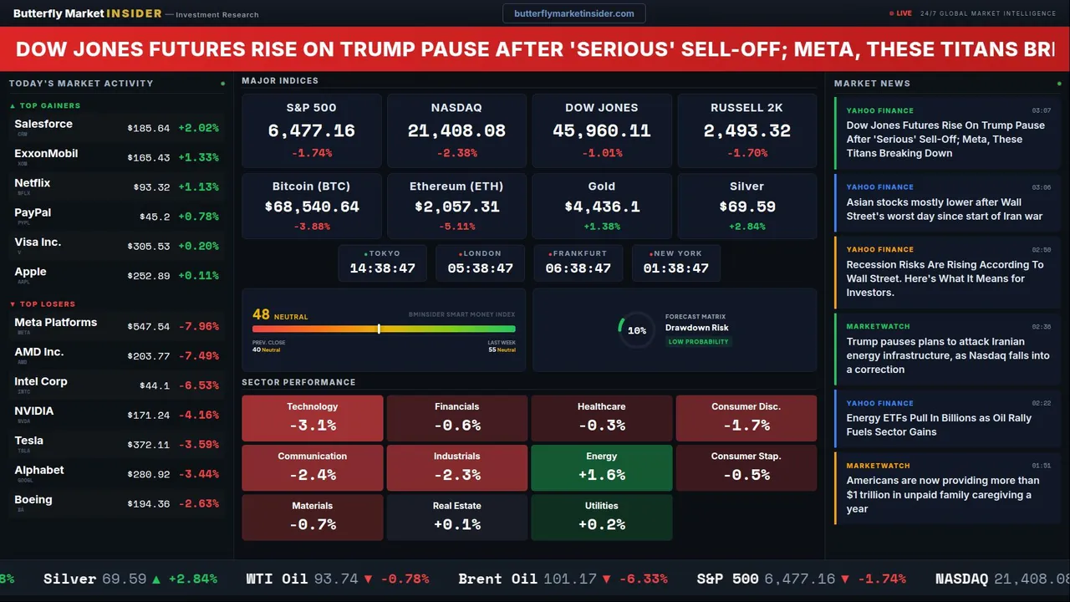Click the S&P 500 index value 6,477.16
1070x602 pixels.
click(x=311, y=131)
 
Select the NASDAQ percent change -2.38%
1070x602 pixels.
click(x=456, y=153)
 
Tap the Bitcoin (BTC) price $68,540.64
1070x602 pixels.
click(x=311, y=207)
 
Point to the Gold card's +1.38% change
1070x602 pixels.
click(x=601, y=227)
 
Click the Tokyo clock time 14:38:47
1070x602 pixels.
click(x=382, y=268)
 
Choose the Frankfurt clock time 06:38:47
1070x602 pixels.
click(x=578, y=268)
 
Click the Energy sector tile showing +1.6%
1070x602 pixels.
click(x=601, y=467)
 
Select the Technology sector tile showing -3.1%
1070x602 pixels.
click(x=312, y=418)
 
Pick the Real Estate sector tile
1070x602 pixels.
click(x=456, y=517)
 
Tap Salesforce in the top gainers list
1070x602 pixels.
click(x=43, y=124)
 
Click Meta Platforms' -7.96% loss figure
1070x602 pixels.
click(x=202, y=327)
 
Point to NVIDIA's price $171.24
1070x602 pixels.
click(x=149, y=416)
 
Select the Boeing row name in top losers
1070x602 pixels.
click(x=33, y=500)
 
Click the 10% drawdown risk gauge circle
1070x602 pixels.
click(x=636, y=330)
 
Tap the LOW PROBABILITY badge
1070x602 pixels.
click(x=698, y=342)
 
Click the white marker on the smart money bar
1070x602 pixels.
click(x=379, y=329)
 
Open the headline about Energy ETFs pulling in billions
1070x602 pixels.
click(x=939, y=425)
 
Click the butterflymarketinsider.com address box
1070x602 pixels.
click(x=573, y=13)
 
